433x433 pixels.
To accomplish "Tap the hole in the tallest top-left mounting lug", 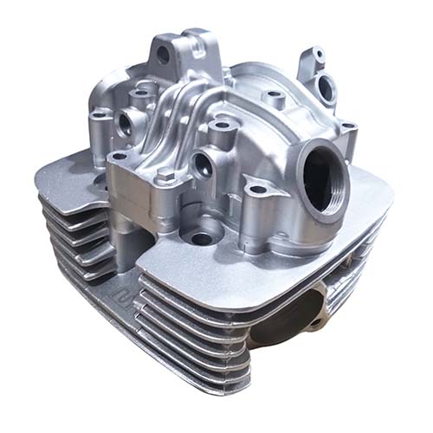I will coord(162,54).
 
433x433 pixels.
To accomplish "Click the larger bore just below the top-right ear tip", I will coord(328,84).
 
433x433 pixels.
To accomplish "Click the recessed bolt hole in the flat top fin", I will coord(203,237).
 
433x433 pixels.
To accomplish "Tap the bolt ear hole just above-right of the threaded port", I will coord(348,130).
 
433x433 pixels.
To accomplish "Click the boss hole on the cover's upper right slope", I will coord(273,95).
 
